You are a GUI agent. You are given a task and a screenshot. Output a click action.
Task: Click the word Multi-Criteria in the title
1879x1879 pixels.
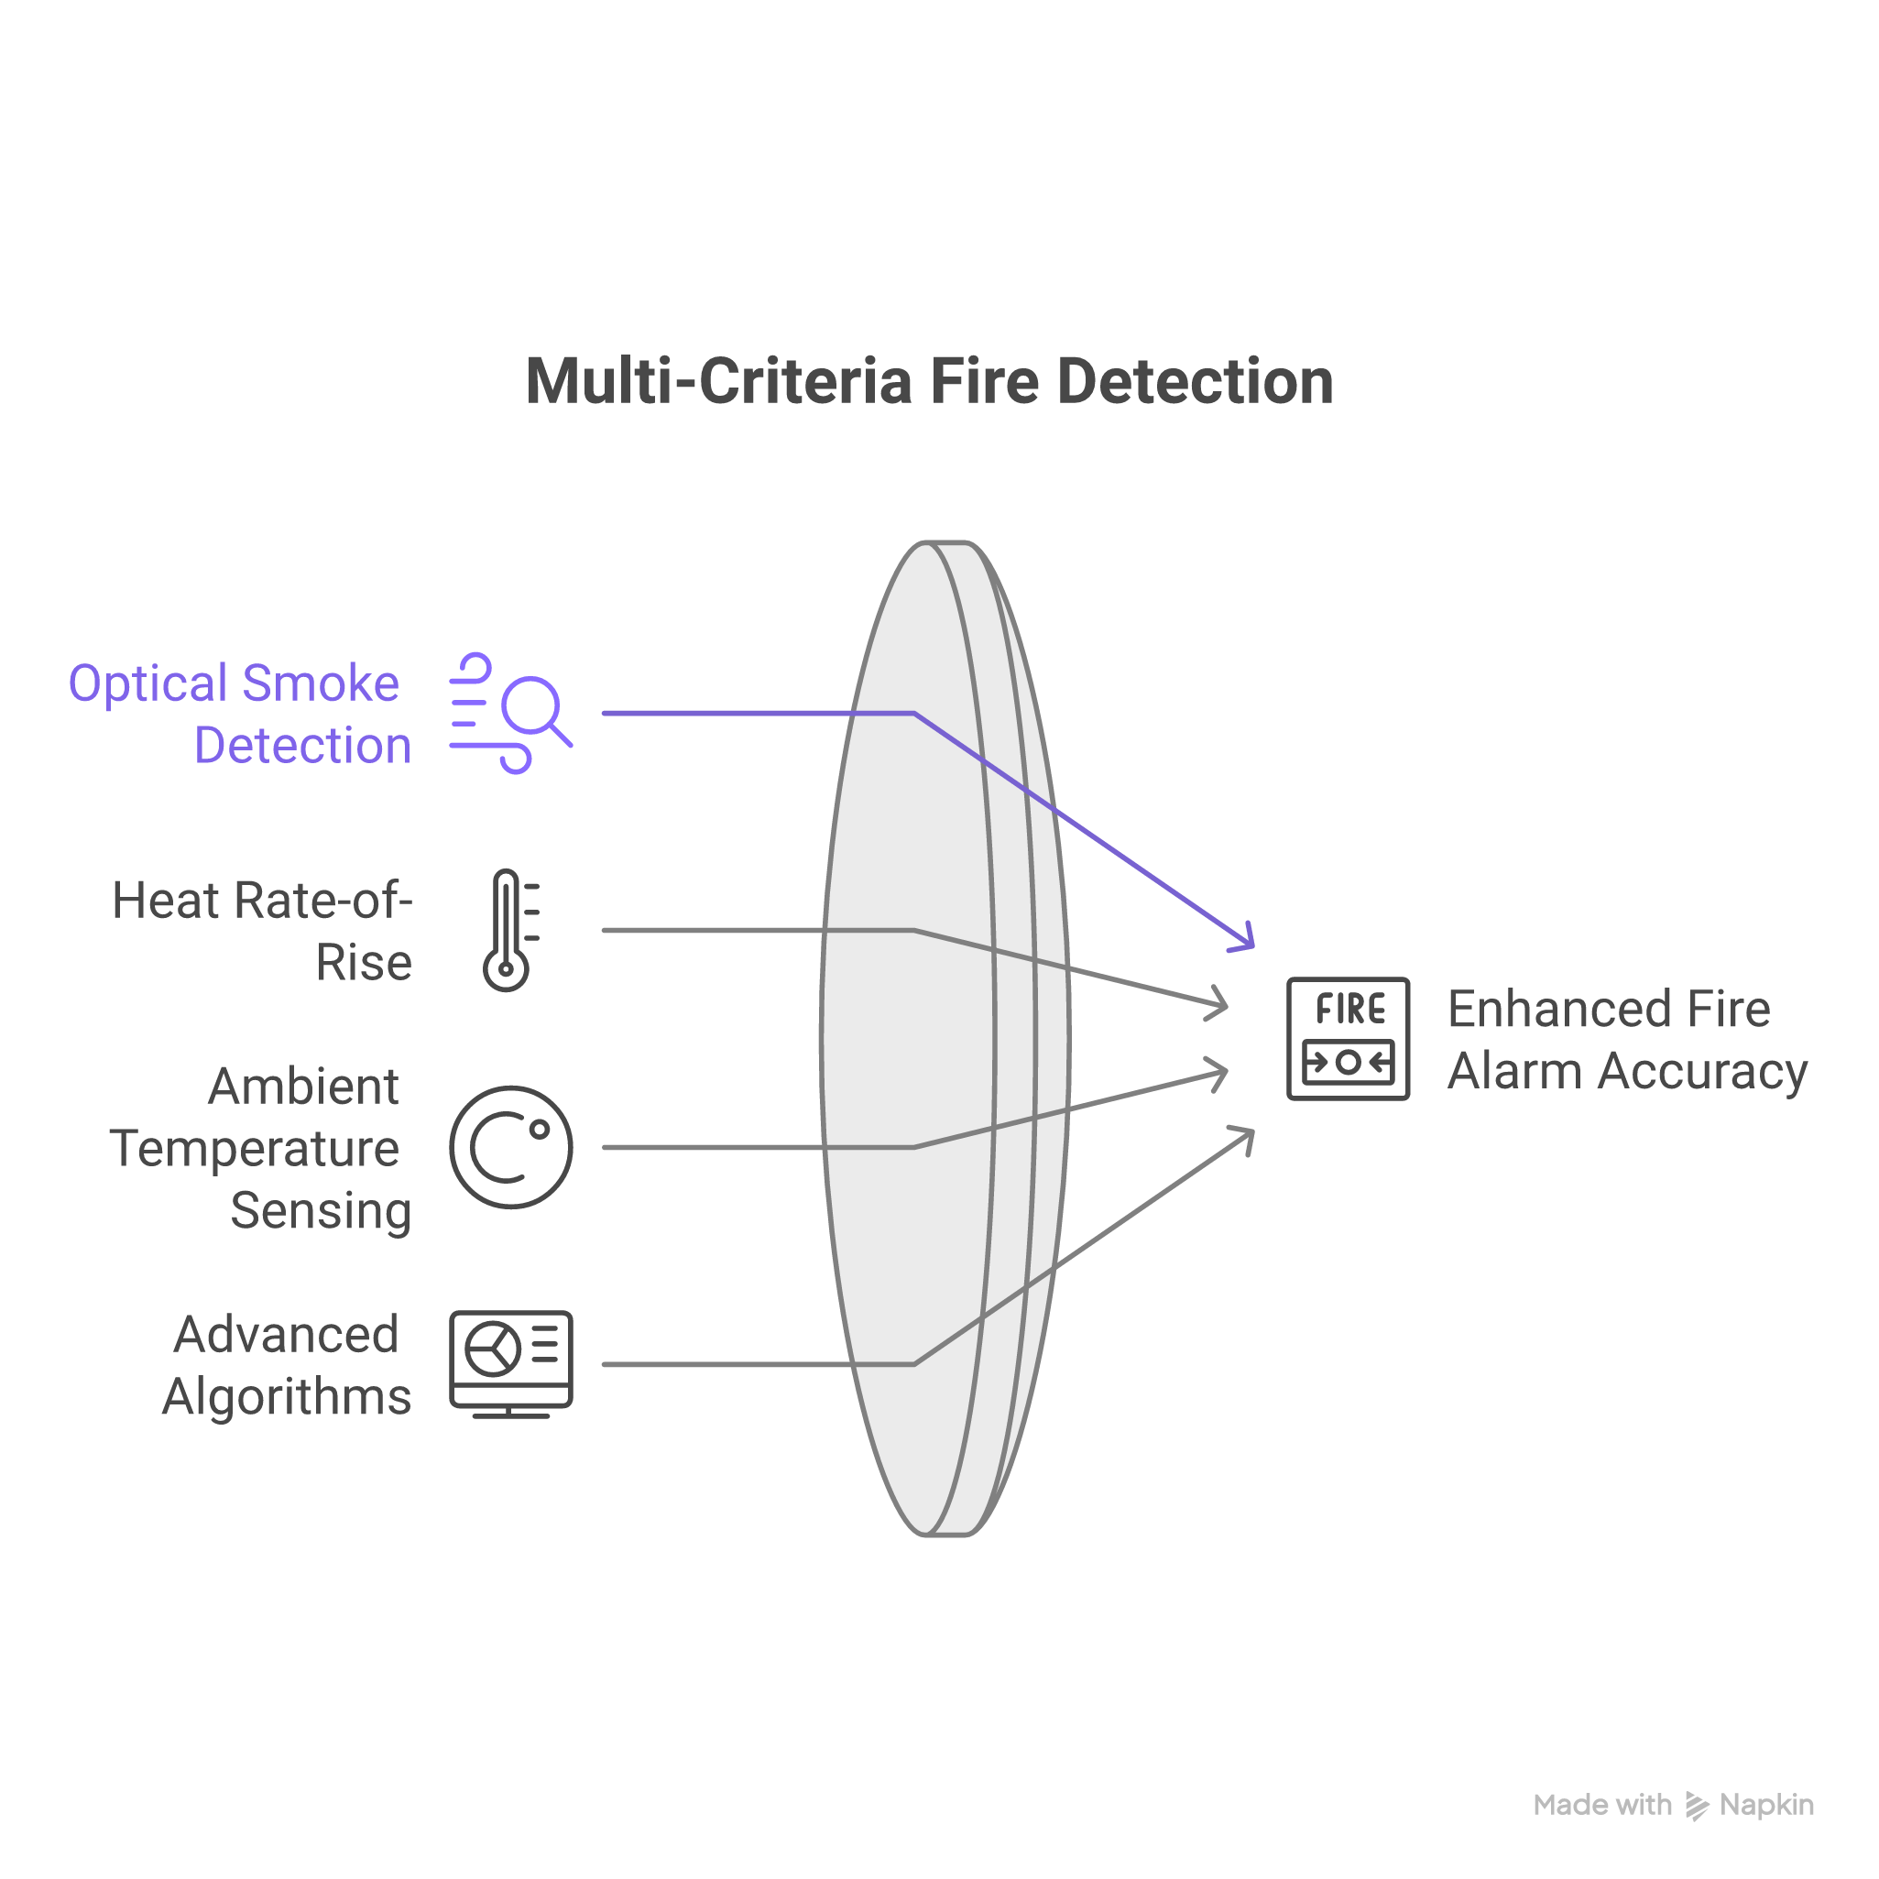coord(719,380)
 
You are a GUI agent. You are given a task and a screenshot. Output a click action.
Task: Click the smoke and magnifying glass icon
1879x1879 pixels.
coord(509,714)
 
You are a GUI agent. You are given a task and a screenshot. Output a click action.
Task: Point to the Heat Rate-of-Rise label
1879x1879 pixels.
coord(263,931)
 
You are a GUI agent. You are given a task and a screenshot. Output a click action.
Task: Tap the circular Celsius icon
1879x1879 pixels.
coord(510,1148)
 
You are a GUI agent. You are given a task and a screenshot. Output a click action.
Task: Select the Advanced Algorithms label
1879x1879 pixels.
coord(286,1364)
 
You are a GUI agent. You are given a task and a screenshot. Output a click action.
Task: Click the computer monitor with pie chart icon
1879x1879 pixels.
coord(510,1362)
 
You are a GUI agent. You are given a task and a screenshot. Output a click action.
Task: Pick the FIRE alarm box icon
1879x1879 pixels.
coord(1348,1039)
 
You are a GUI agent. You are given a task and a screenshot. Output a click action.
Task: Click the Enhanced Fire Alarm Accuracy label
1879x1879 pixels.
coord(1626,1039)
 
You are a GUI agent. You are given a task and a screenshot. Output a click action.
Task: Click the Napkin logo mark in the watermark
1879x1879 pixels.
coord(1696,1806)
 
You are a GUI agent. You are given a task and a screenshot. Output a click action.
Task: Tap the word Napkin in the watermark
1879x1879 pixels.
coord(1766,1805)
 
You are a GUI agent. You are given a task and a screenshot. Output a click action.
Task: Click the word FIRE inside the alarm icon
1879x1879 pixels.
coord(1349,1010)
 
